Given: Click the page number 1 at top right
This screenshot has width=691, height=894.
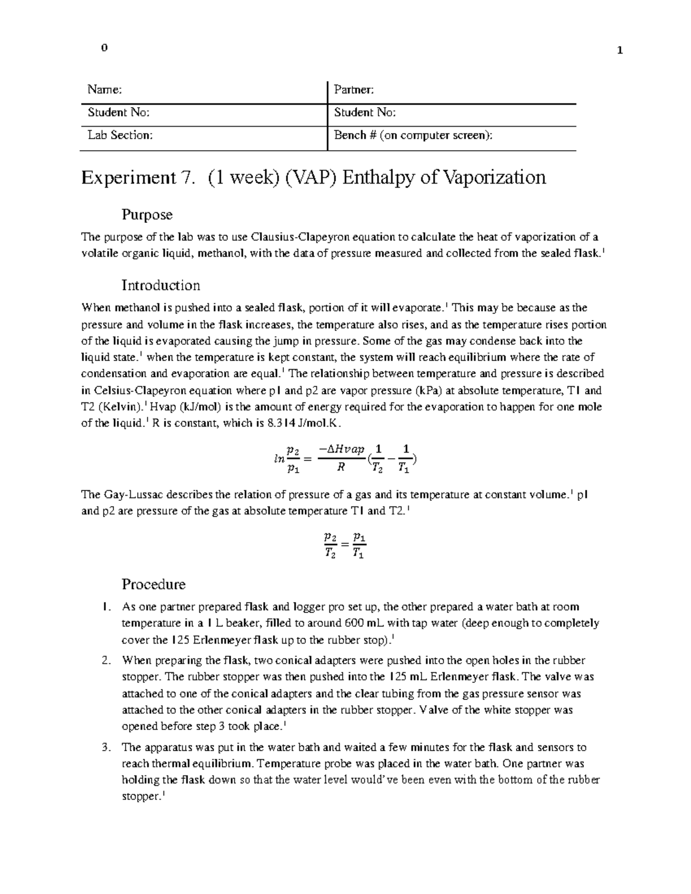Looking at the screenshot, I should [620, 50].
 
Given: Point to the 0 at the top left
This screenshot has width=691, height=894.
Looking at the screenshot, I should [104, 48].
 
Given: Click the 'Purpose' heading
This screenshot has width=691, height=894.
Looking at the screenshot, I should [147, 215].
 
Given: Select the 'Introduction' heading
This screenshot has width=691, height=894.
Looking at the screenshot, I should [161, 286].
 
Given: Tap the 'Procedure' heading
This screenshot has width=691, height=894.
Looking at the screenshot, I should [153, 584].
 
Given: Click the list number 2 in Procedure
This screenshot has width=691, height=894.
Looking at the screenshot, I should [105, 661].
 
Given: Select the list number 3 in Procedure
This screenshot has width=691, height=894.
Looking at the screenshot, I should [105, 748].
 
